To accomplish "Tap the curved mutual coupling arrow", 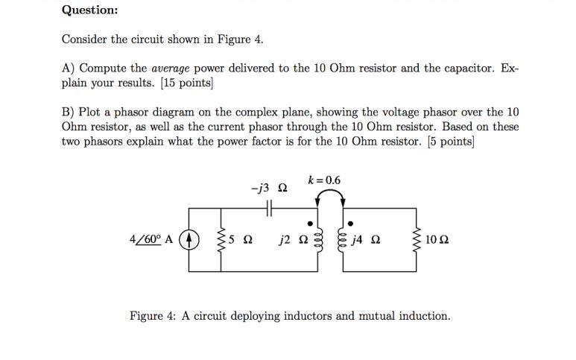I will pos(331,195).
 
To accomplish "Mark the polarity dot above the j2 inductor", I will pos(312,221).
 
